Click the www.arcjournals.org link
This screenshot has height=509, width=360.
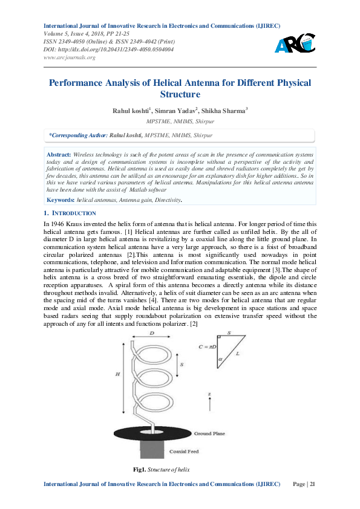(70, 57)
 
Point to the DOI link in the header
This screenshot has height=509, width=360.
(109, 50)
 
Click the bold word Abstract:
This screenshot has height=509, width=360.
(59, 155)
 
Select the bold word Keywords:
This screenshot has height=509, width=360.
(61, 199)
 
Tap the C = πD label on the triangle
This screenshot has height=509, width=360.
(208, 346)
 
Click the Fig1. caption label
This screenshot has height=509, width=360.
(139, 470)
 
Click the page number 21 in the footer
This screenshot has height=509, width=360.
(312, 484)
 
